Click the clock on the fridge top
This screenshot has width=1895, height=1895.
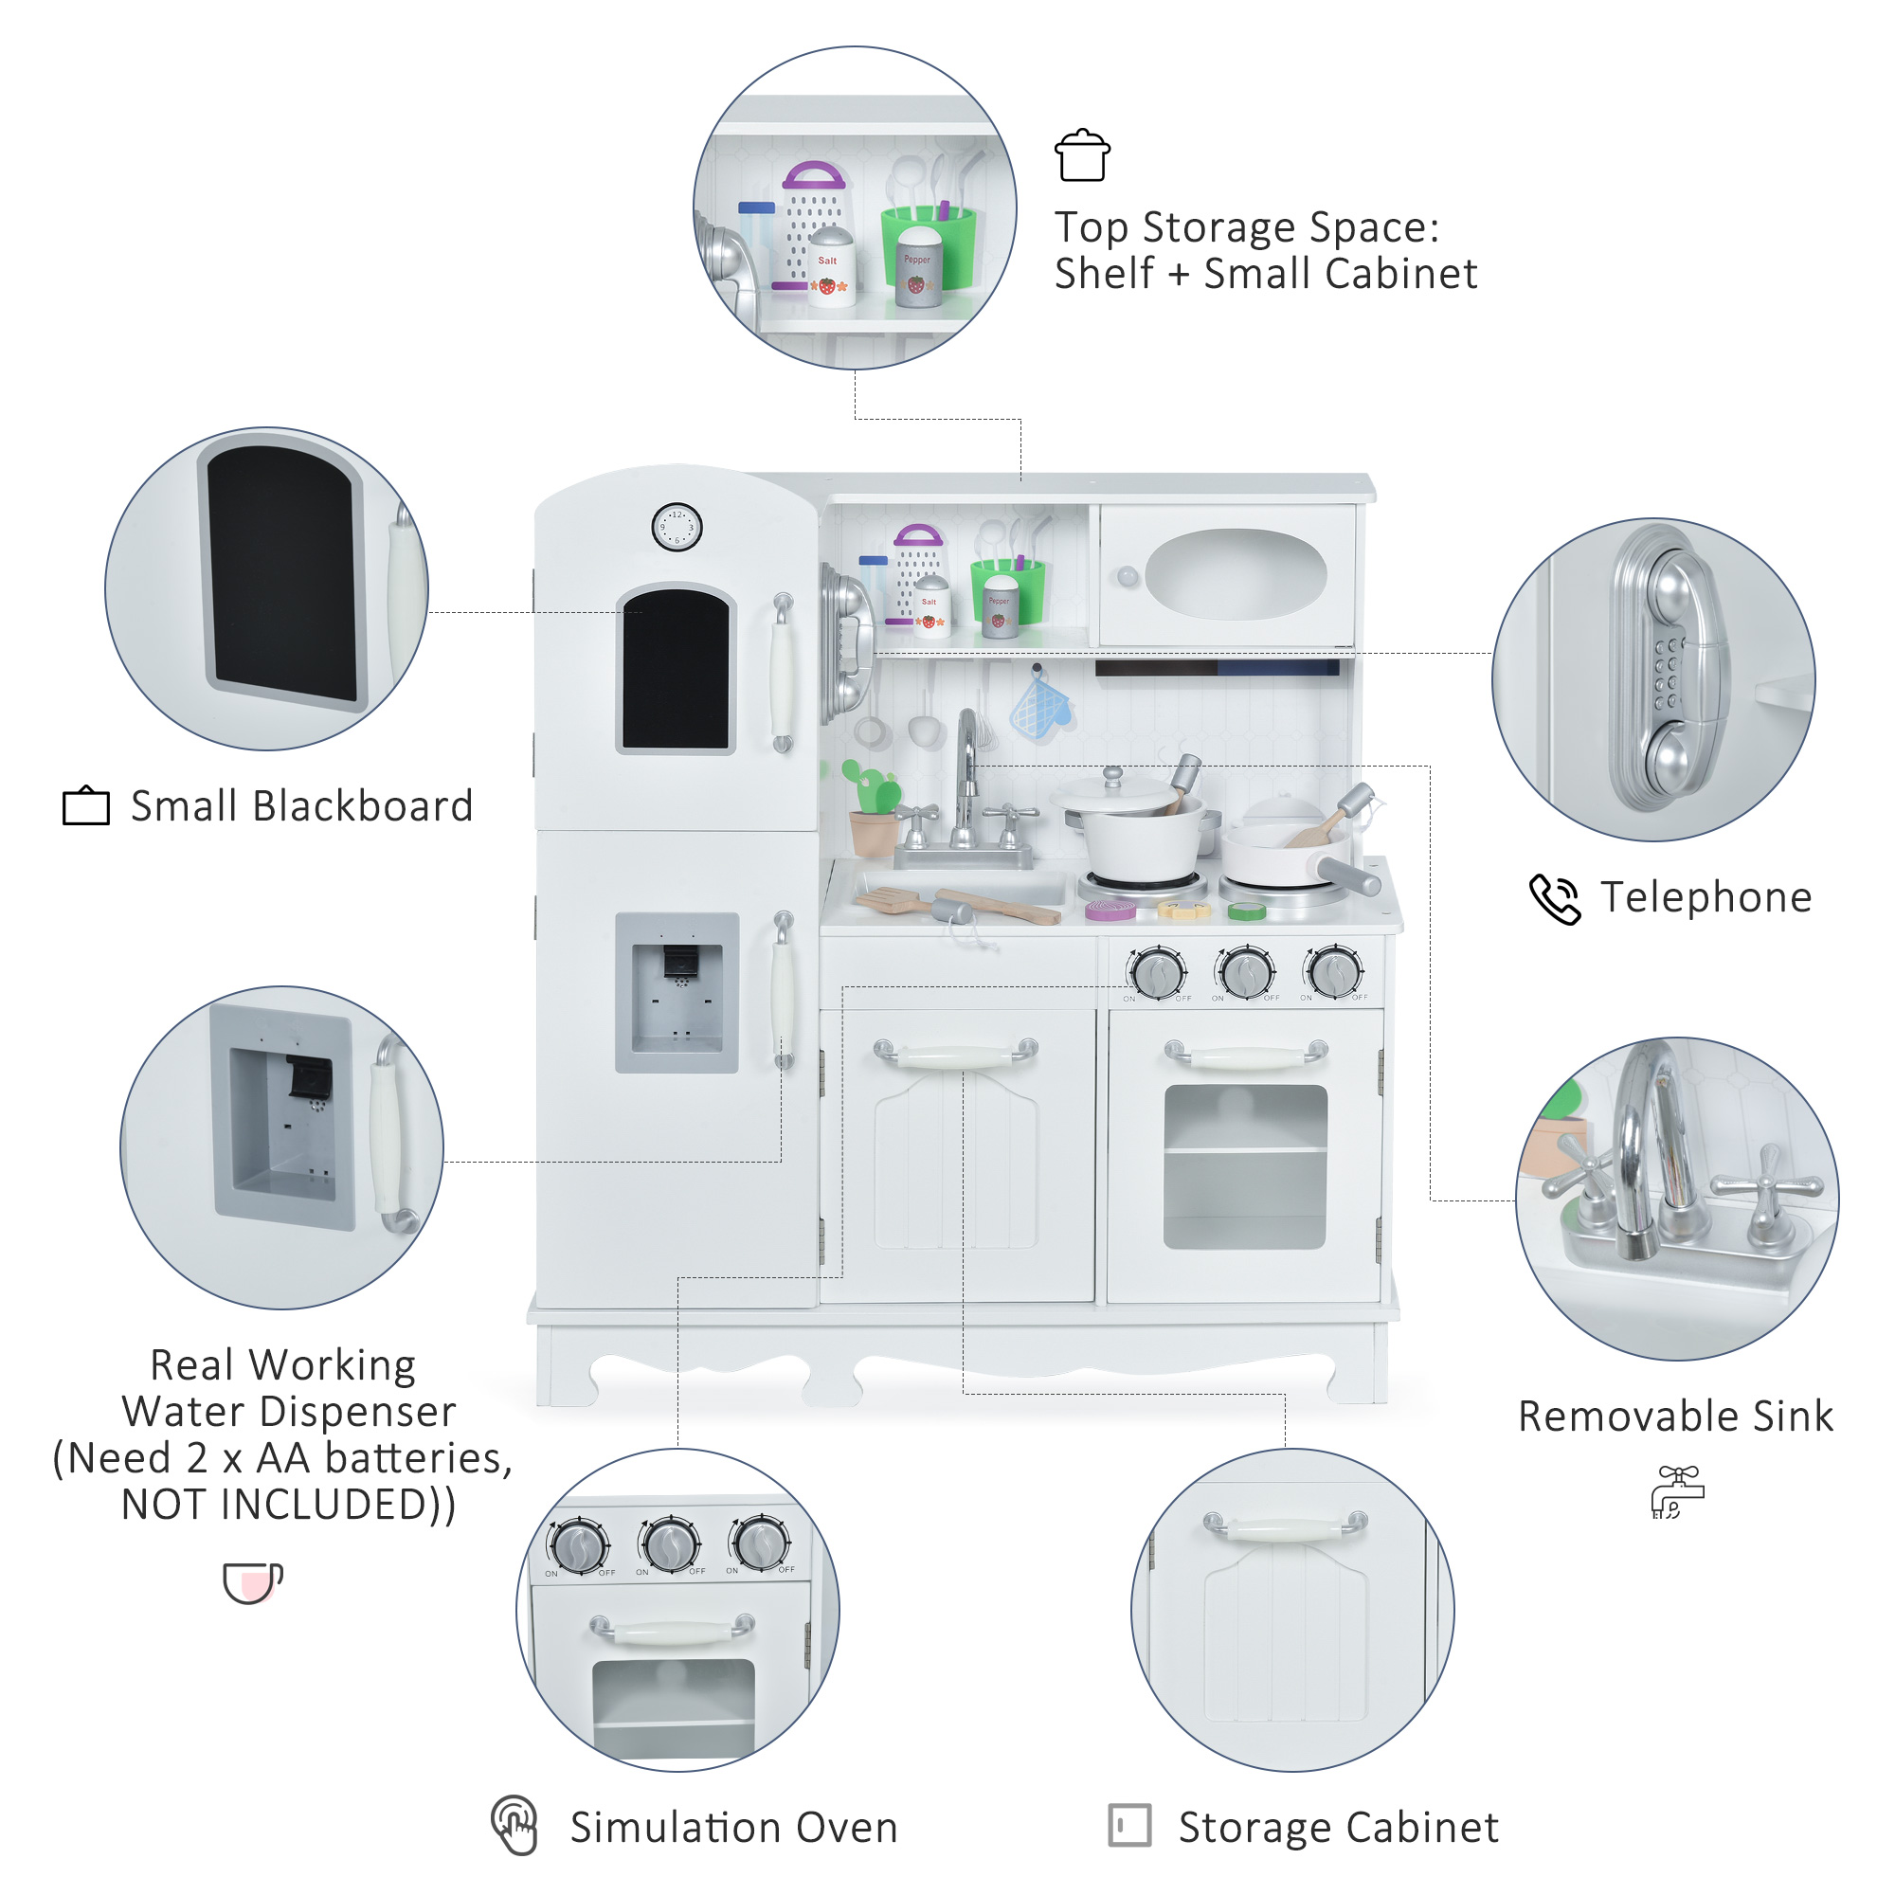pos(677,527)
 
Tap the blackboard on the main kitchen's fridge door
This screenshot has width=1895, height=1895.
pos(676,670)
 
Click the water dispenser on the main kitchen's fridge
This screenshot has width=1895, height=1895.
pos(677,993)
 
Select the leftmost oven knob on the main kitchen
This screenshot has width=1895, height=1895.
pos(1158,973)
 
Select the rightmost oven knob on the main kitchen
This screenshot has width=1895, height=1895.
pos(1335,971)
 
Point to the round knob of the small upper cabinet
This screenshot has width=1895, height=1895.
pos(1128,577)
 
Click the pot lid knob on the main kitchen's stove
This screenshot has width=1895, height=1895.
pos(1112,776)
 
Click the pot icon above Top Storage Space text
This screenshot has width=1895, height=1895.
pos(1082,156)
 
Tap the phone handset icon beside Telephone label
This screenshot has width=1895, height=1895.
pos(1555,898)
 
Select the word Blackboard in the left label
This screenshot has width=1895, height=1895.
pos(363,806)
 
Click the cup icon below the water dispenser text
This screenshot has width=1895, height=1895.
pos(252,1582)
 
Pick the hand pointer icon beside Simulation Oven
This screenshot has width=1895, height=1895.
pos(514,1826)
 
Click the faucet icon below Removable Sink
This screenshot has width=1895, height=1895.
pos(1677,1492)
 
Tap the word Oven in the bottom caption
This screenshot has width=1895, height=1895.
pos(846,1828)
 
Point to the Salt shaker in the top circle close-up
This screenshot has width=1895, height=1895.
pos(831,267)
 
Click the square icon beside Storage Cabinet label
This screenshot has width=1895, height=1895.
pos(1129,1826)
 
